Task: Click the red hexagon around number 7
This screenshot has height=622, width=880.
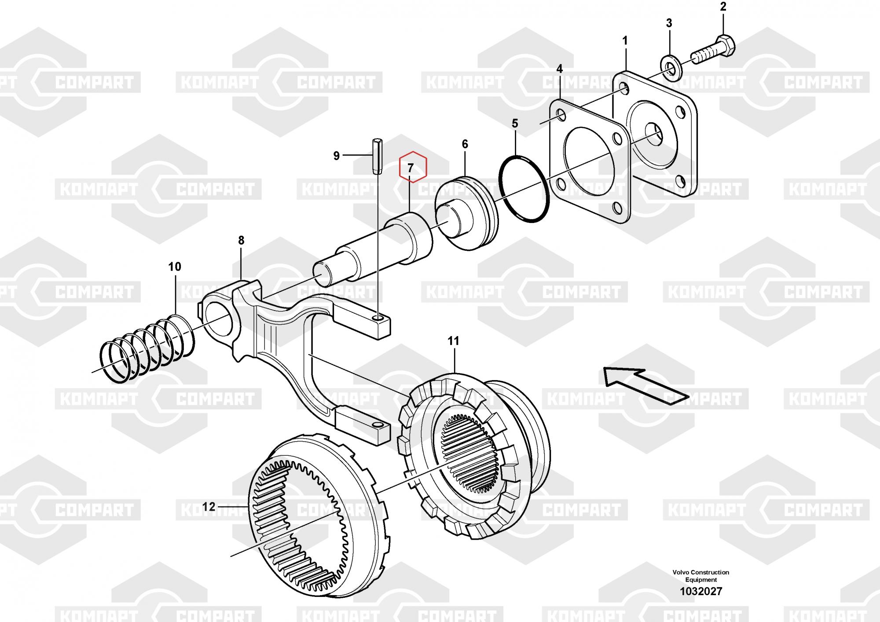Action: [413, 167]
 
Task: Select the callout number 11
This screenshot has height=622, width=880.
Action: [453, 341]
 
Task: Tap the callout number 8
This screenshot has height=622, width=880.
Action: [241, 240]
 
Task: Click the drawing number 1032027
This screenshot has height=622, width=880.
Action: [701, 591]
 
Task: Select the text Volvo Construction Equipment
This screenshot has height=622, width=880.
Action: [701, 576]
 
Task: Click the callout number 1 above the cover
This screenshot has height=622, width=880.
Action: [625, 41]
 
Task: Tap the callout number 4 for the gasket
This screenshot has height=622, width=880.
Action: [559, 69]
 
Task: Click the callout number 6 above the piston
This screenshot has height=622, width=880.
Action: [465, 144]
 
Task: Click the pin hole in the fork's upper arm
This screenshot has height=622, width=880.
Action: [377, 317]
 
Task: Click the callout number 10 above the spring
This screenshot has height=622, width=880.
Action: [175, 267]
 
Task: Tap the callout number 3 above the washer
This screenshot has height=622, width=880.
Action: [669, 23]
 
